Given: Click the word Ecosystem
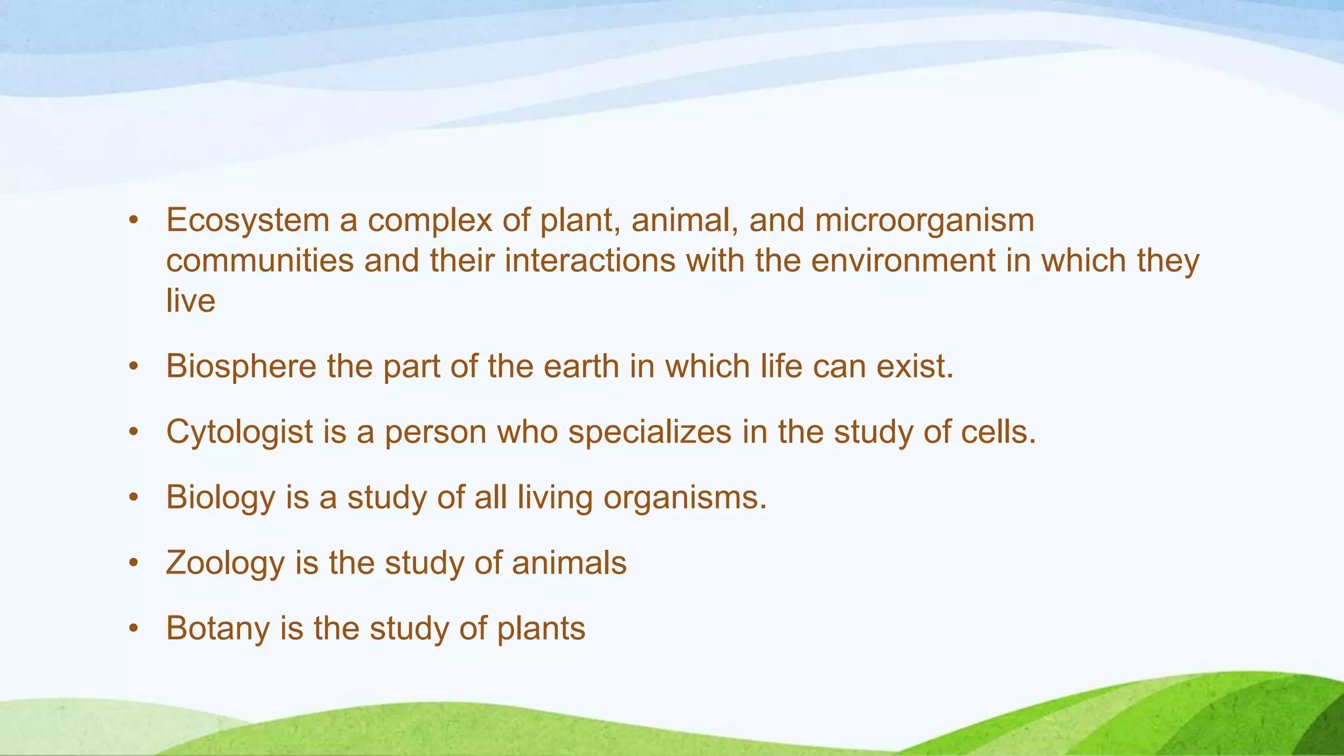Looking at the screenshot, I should pyautogui.click(x=247, y=220).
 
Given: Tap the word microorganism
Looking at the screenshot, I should pyautogui.click(x=924, y=220).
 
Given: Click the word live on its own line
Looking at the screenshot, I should pyautogui.click(x=190, y=301).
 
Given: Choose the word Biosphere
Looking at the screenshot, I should pyautogui.click(x=241, y=366).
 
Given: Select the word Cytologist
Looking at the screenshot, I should pyautogui.click(x=240, y=432).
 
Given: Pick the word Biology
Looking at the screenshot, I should pyautogui.click(x=220, y=497).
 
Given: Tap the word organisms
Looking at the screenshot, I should pyautogui.click(x=684, y=497).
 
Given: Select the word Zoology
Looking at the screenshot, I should pyautogui.click(x=225, y=563).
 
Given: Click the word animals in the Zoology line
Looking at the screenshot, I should pyautogui.click(x=569, y=563).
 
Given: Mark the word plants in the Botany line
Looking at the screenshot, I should pyautogui.click(x=541, y=628).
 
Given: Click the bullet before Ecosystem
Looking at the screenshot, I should pyautogui.click(x=134, y=221).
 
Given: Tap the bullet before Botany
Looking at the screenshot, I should pyautogui.click(x=134, y=629).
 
